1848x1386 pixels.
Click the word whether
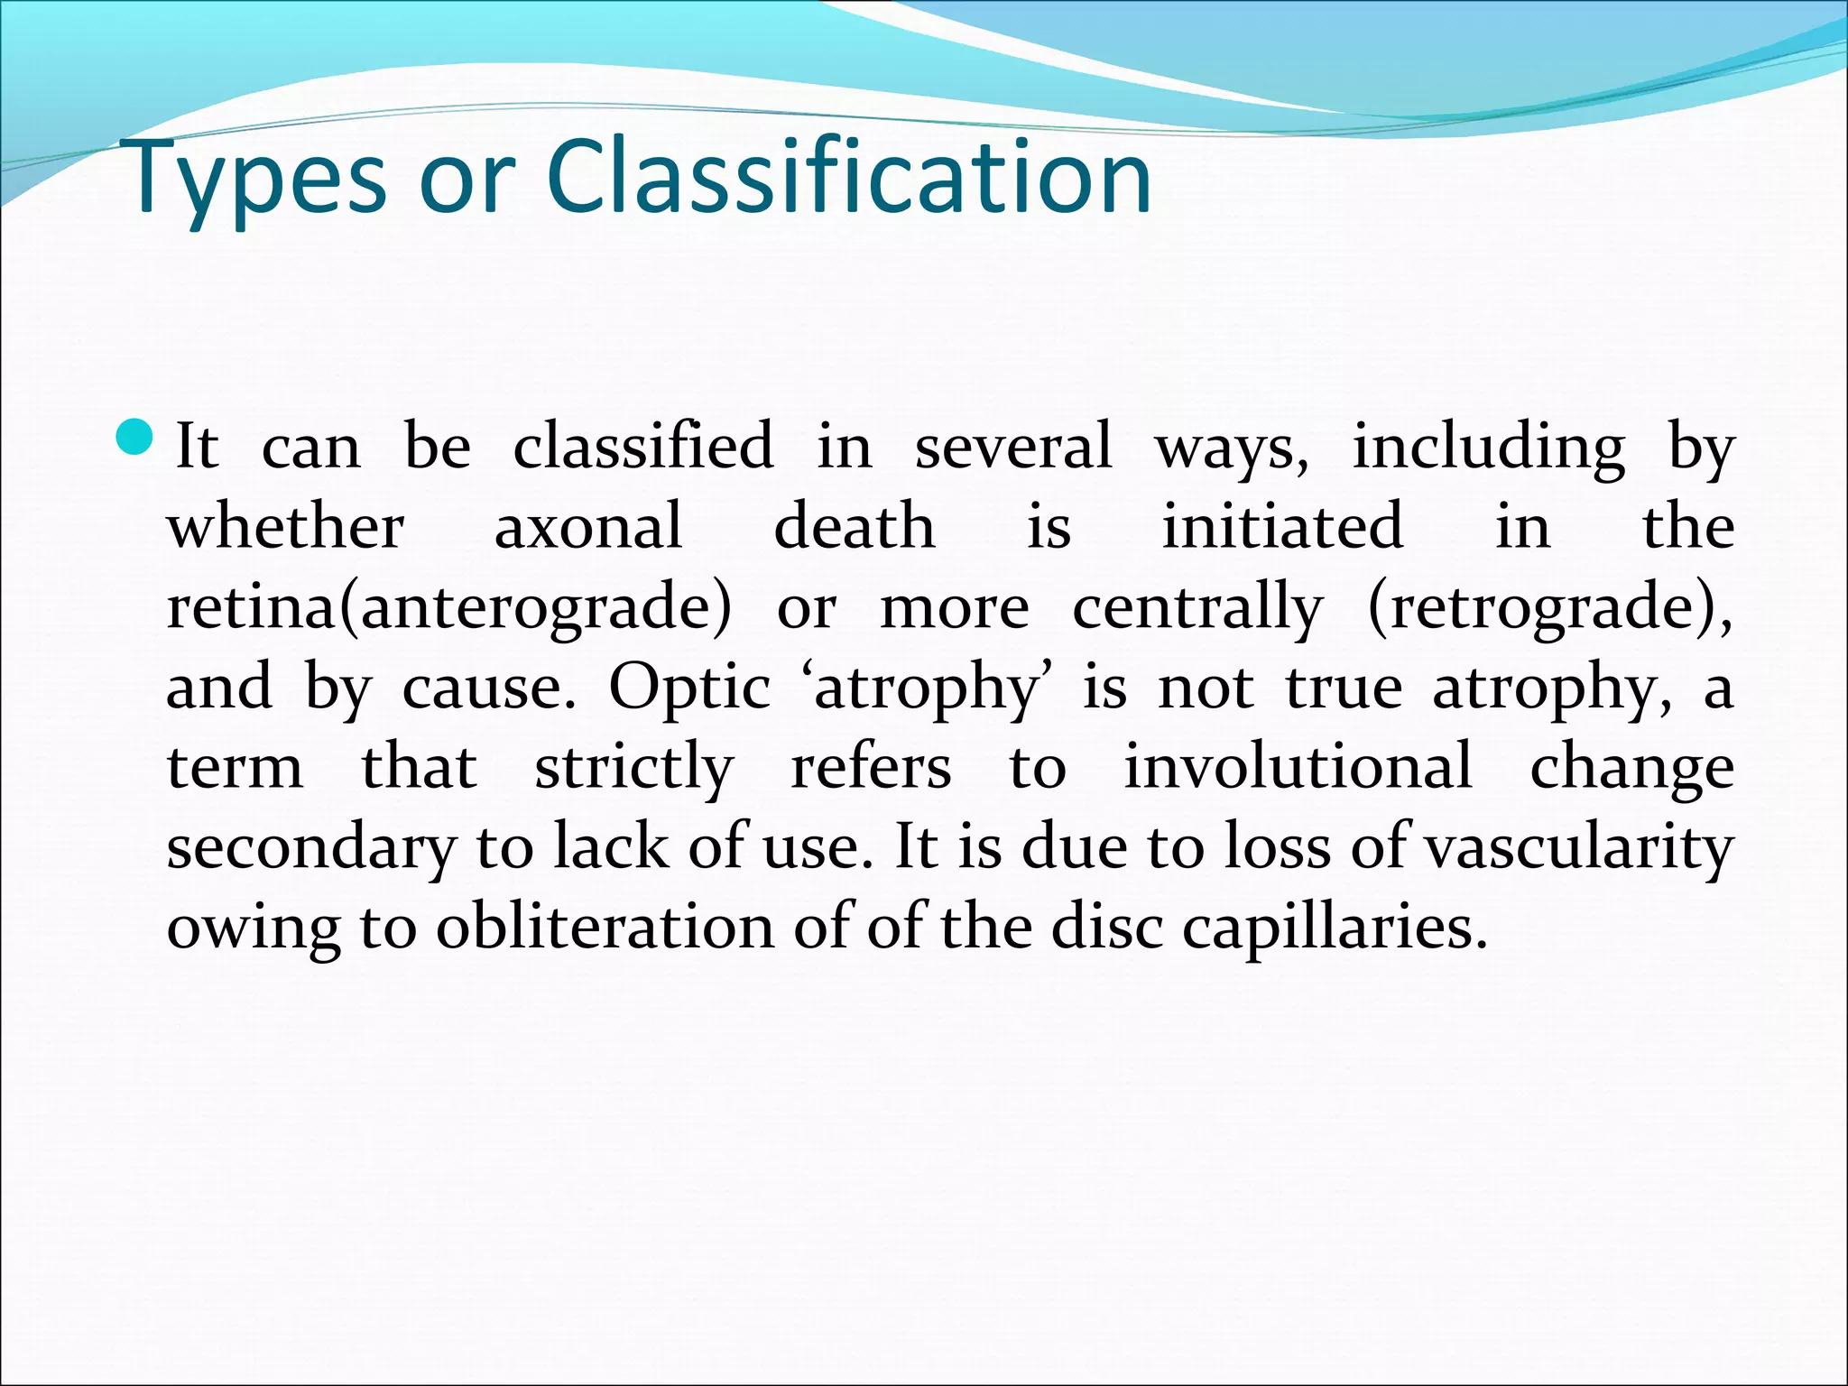pos(285,526)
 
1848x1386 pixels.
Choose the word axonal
pos(588,526)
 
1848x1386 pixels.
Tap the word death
pos(855,526)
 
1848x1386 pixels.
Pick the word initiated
pos(1282,526)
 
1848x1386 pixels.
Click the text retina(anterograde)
pos(448,607)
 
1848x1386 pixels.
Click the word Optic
pos(689,688)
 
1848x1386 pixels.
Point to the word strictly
pos(634,769)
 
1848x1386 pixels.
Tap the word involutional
pos(1298,767)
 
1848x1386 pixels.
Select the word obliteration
pos(605,928)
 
